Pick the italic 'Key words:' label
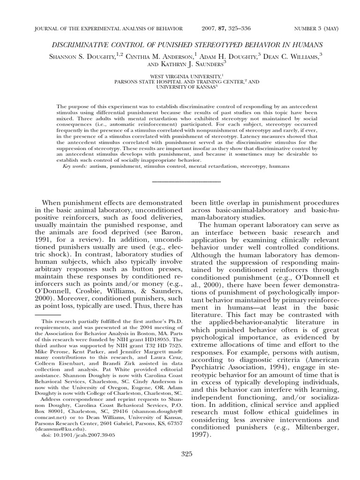click(74, 166)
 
